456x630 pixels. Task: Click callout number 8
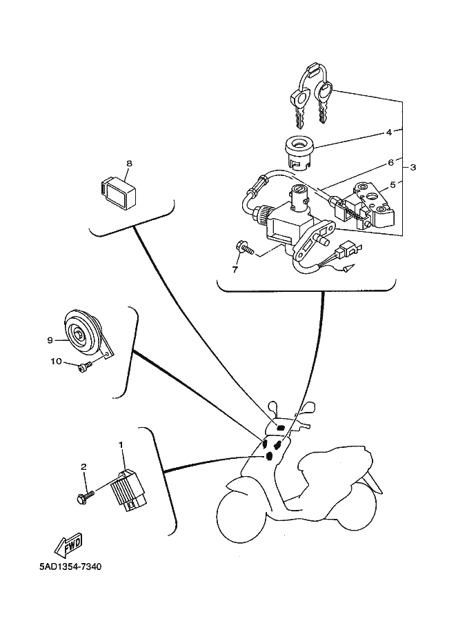tap(128, 164)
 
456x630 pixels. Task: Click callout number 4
tap(388, 132)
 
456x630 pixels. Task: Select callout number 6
tap(390, 163)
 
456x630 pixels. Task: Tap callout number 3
tap(413, 168)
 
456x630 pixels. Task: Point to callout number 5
tap(393, 184)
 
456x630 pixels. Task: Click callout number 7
tap(235, 269)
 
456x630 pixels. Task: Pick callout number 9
tap(50, 339)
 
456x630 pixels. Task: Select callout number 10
tap(55, 361)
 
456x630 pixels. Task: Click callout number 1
tap(121, 446)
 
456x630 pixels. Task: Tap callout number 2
tap(84, 467)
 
